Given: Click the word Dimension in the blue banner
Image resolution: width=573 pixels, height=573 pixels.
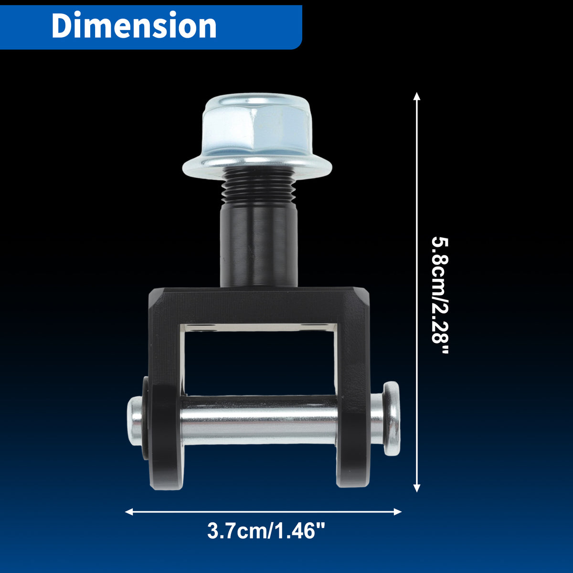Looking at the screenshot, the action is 134,25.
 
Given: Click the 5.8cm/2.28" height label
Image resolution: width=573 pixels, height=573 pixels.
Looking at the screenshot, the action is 440,295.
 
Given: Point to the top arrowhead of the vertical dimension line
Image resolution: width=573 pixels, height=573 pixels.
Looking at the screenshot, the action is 417,96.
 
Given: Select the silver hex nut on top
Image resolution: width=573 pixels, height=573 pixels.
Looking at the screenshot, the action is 257,128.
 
